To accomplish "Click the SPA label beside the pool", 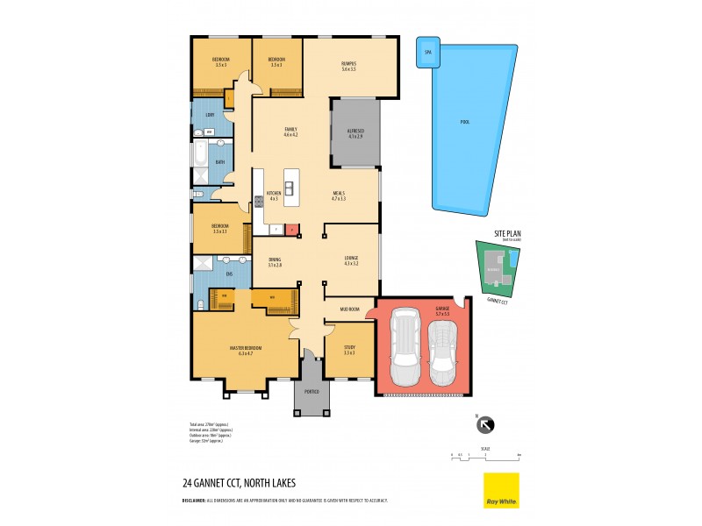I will (x=428, y=53).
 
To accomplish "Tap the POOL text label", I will (x=464, y=122).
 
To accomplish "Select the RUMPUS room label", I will (x=349, y=64).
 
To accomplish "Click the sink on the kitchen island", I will (x=288, y=187).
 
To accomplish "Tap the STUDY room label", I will (x=349, y=350).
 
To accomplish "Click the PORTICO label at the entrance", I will (x=312, y=391).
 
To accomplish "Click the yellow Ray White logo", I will (x=501, y=490).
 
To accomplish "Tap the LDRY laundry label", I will (x=210, y=115).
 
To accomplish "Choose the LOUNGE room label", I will (x=353, y=259).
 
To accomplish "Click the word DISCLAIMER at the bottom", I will (x=197, y=500).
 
